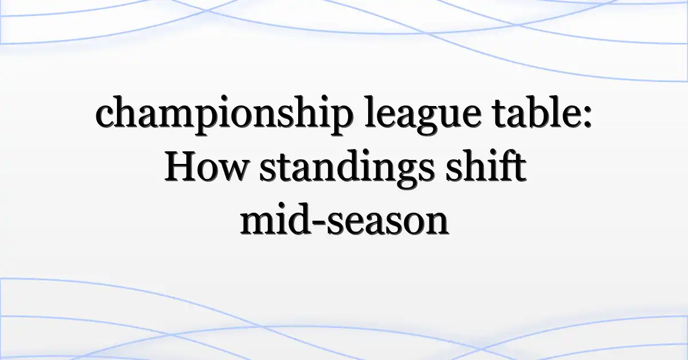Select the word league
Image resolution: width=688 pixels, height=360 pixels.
click(423, 115)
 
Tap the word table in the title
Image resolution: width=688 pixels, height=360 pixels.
click(534, 112)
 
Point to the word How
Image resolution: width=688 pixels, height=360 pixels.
click(206, 166)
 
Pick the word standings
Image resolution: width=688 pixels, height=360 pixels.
click(347, 169)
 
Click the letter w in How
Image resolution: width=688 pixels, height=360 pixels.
click(233, 170)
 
